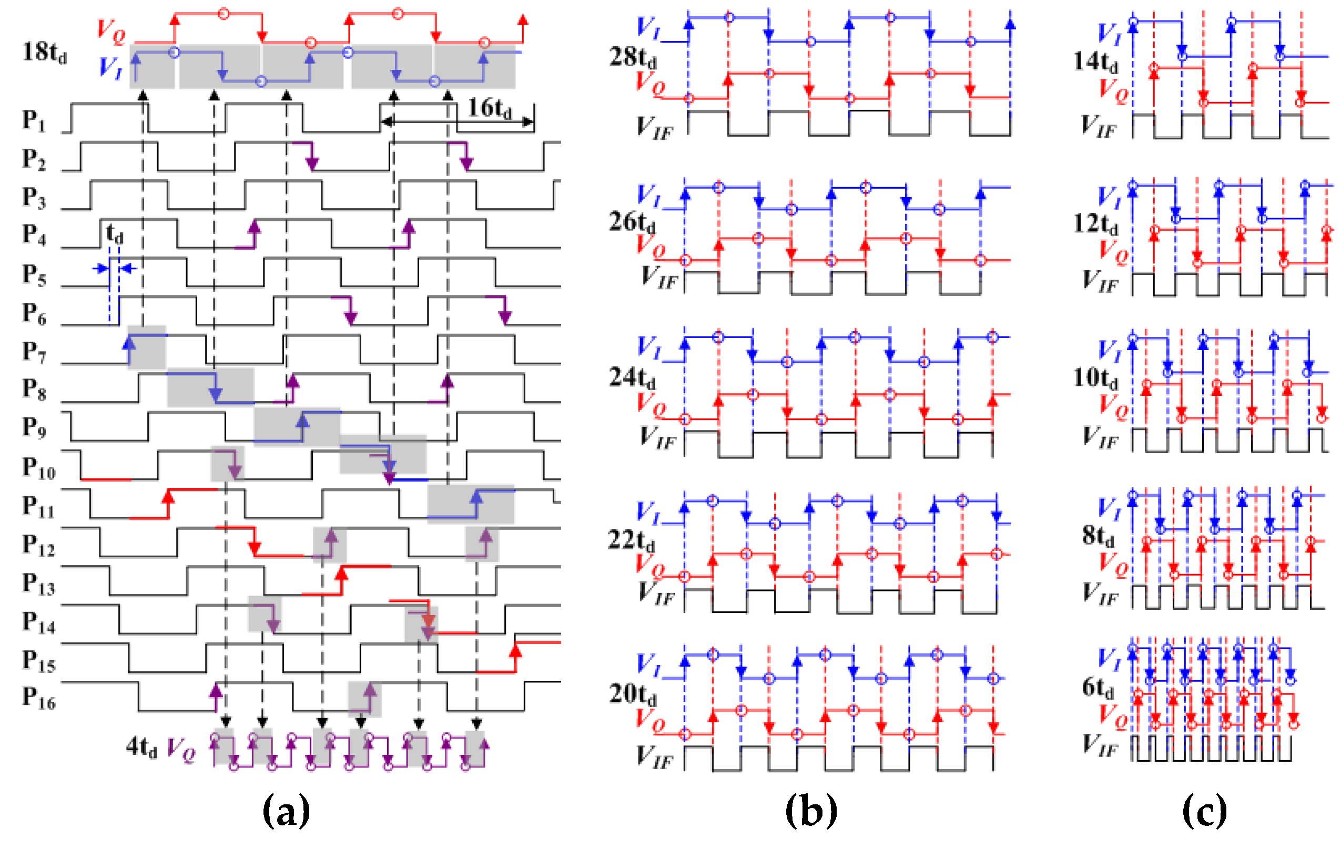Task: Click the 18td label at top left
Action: click(x=45, y=53)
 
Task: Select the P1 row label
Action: click(x=34, y=120)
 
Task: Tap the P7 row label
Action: click(x=34, y=352)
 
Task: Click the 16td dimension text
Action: click(x=489, y=107)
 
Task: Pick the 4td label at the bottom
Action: click(x=141, y=746)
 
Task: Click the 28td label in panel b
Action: click(x=633, y=57)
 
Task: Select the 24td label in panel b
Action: click(x=632, y=378)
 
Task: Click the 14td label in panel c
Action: click(x=1095, y=61)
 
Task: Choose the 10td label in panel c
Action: click(x=1095, y=378)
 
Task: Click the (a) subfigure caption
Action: click(x=286, y=811)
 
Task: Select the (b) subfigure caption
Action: click(x=811, y=811)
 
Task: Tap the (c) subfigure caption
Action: click(x=1204, y=811)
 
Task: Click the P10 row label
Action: click(x=38, y=468)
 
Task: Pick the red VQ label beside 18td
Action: click(x=111, y=31)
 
